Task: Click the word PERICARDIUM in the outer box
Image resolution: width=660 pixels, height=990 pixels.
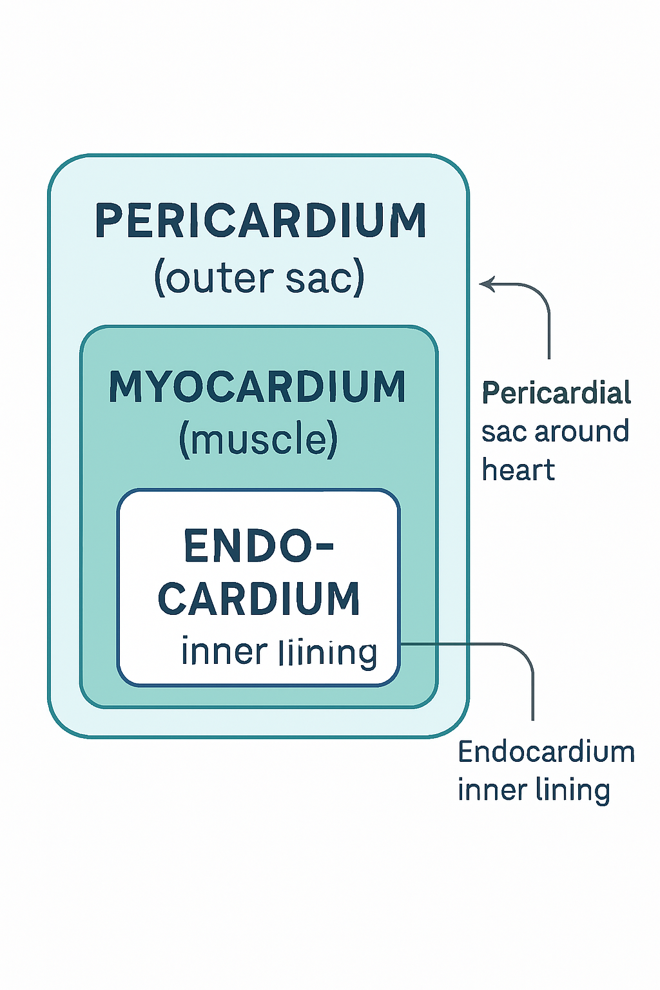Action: [x=260, y=221]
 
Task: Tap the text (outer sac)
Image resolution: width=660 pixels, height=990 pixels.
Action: [x=259, y=278]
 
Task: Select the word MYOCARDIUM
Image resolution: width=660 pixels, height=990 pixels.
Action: [x=257, y=387]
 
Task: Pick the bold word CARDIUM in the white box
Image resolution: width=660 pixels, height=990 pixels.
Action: [x=258, y=598]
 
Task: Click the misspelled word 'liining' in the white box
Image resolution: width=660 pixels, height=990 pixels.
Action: [x=328, y=653]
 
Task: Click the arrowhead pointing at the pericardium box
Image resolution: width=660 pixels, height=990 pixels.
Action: [x=485, y=284]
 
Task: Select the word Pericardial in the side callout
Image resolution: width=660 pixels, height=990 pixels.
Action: [x=556, y=393]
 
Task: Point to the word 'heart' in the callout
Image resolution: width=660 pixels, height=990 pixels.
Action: [x=518, y=470]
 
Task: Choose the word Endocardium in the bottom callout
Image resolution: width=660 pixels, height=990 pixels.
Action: [x=546, y=752]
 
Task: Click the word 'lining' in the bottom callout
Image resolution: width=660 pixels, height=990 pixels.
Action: [x=573, y=791]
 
